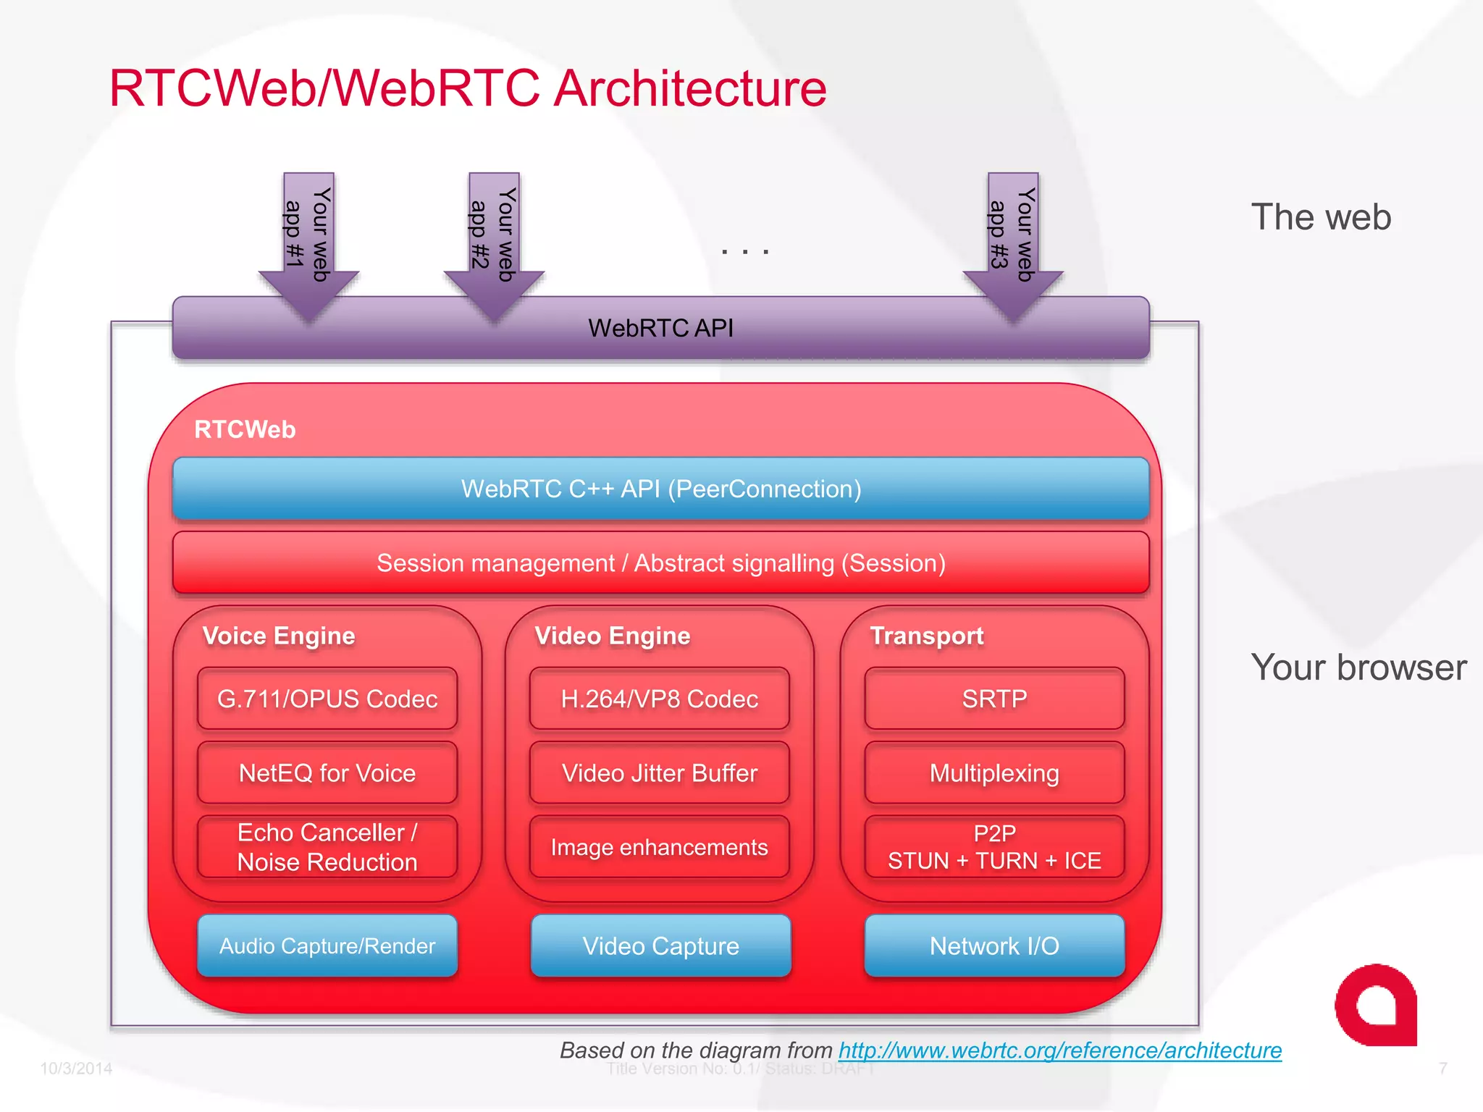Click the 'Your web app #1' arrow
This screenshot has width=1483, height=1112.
point(309,239)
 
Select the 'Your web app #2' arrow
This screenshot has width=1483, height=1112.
point(495,239)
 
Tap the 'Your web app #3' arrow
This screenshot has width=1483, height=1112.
point(1013,239)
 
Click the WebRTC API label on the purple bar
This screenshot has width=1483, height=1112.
point(660,328)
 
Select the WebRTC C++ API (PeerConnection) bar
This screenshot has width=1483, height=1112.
point(660,489)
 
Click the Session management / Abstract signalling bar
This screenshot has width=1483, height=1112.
point(660,563)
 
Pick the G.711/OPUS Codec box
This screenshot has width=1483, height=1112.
point(327,699)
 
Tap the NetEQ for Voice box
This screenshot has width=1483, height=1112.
point(327,772)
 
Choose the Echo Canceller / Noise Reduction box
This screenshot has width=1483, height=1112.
point(327,847)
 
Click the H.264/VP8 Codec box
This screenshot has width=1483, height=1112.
point(660,699)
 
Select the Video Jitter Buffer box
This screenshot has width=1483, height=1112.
point(660,772)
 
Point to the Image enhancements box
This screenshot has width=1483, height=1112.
point(660,847)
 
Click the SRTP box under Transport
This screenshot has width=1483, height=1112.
point(994,699)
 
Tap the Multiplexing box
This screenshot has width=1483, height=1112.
point(994,772)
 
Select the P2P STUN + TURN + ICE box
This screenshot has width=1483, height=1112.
point(994,847)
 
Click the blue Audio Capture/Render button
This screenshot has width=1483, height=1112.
point(327,945)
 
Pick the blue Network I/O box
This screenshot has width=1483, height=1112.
point(994,945)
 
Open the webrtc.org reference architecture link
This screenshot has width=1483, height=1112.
point(1059,1050)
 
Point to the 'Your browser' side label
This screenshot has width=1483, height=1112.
point(1358,667)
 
